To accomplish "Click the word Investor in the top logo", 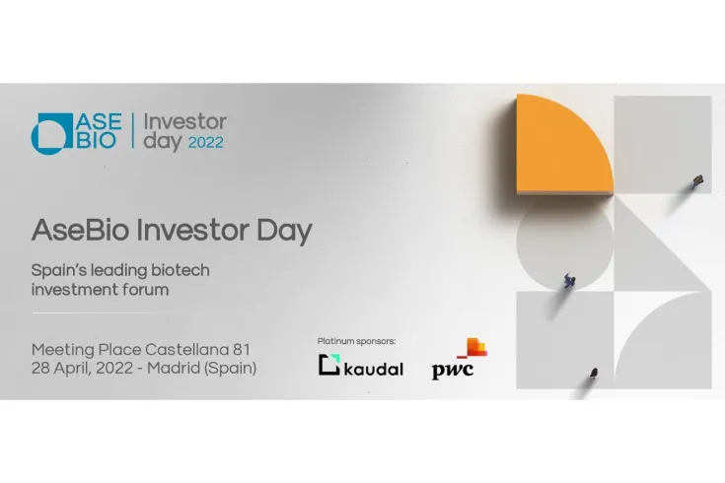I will pos(184,122).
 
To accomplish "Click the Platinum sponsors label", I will pos(357,340).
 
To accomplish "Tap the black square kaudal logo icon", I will pos(329,365).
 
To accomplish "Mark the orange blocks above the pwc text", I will pos(473,348).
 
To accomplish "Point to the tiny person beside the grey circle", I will pos(570,281).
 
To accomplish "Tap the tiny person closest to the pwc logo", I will pos(594,374).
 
